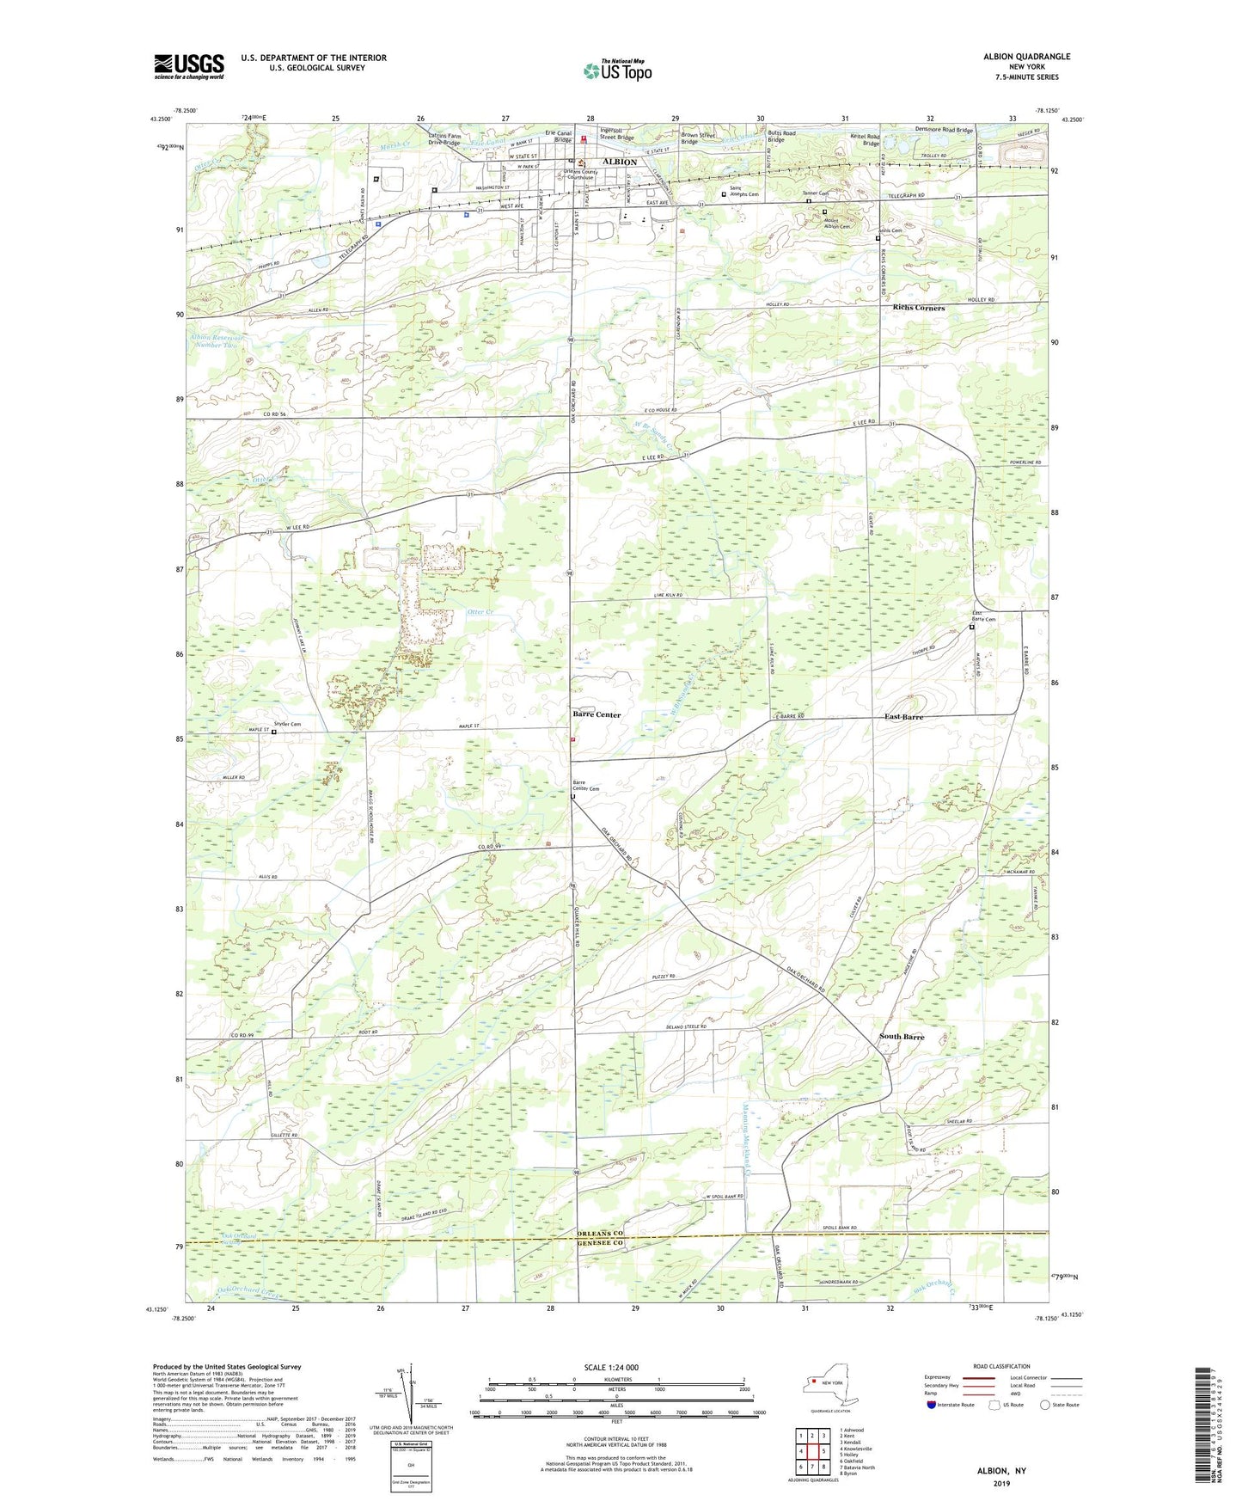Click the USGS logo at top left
pos(189,65)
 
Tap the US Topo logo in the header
pos(617,70)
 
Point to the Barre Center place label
pos(597,714)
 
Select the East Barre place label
pos(904,717)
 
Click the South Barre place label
pos(902,1037)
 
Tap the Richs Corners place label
pos(918,308)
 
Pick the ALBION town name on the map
pos(619,162)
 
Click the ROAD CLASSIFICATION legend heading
pos(1001,1366)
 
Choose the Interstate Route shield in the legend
pos(932,1405)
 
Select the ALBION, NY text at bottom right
pos(1001,1471)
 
